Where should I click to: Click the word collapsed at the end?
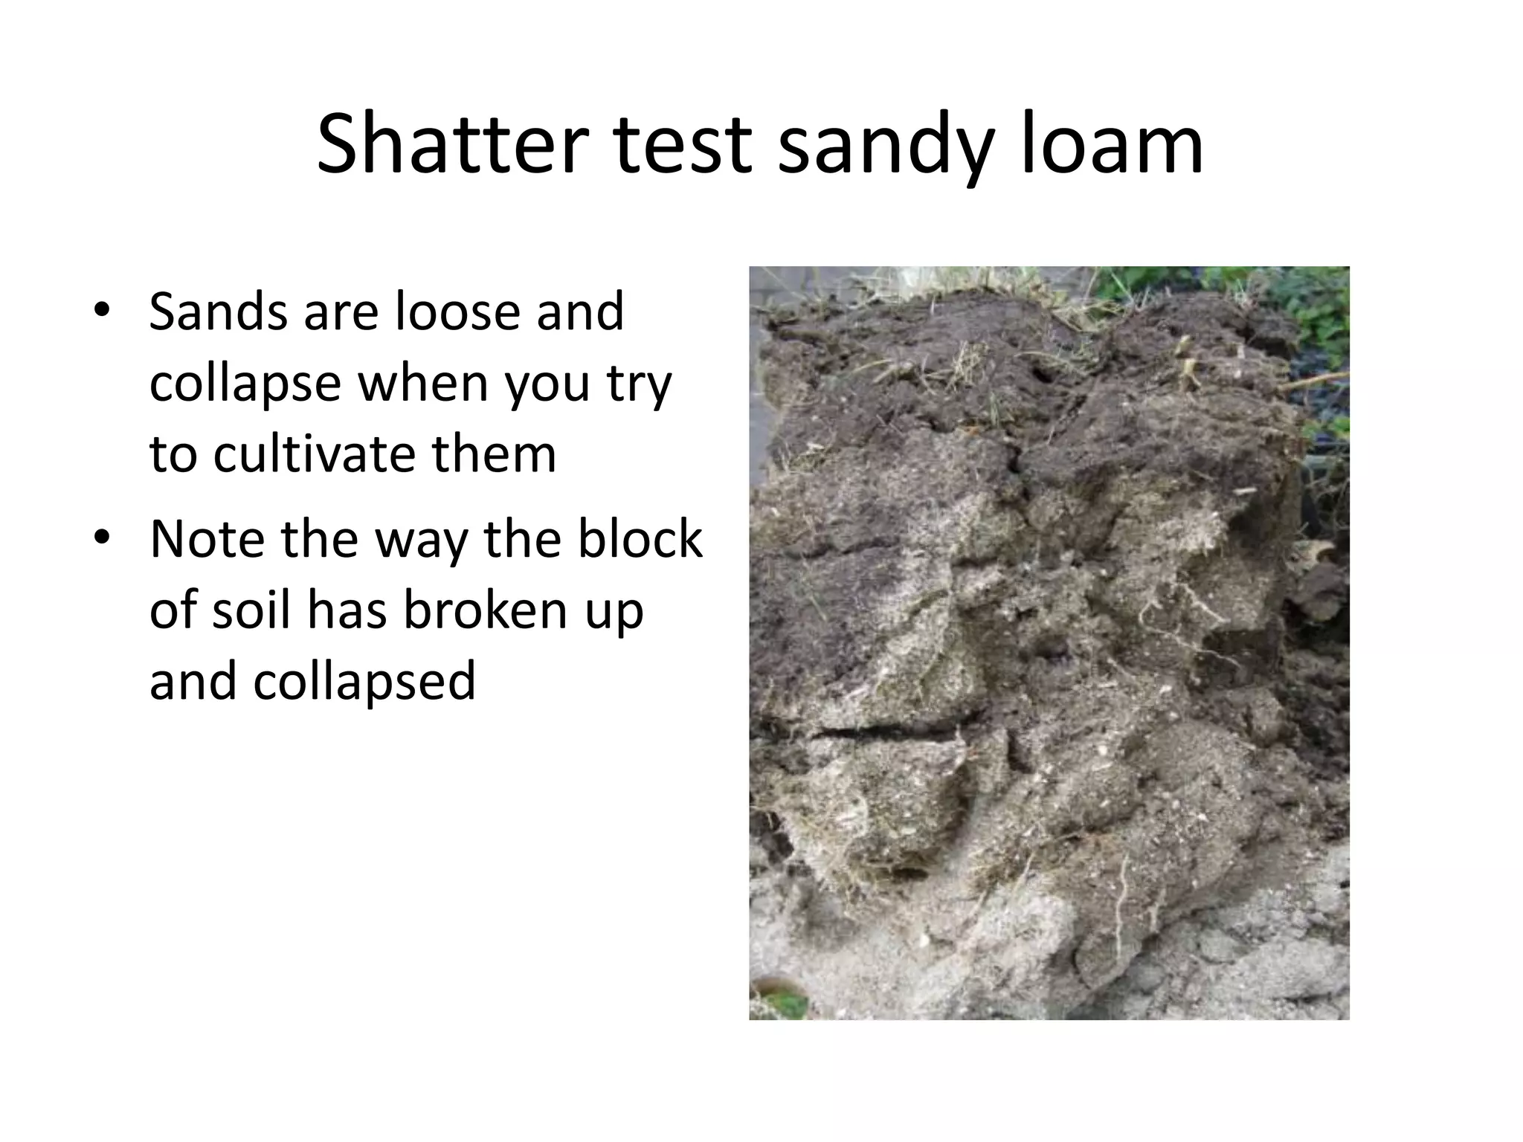(x=364, y=681)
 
